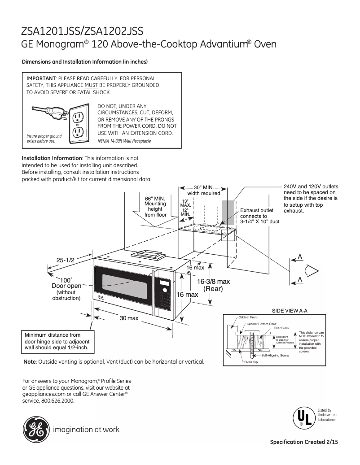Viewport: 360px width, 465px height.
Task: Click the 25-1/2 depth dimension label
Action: pyautogui.click(x=65, y=260)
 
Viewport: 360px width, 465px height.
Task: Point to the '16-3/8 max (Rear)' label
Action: pyautogui.click(x=214, y=285)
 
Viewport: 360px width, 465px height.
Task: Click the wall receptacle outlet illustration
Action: pyautogui.click(x=79, y=124)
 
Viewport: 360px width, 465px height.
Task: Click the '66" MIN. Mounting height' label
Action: pyautogui.click(x=155, y=206)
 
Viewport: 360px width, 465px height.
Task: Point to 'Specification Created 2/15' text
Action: pyautogui.click(x=303, y=442)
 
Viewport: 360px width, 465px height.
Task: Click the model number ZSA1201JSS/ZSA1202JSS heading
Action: pyautogui.click(x=83, y=31)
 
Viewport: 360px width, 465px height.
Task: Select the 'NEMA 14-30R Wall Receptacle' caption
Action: pyautogui.click(x=124, y=141)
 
